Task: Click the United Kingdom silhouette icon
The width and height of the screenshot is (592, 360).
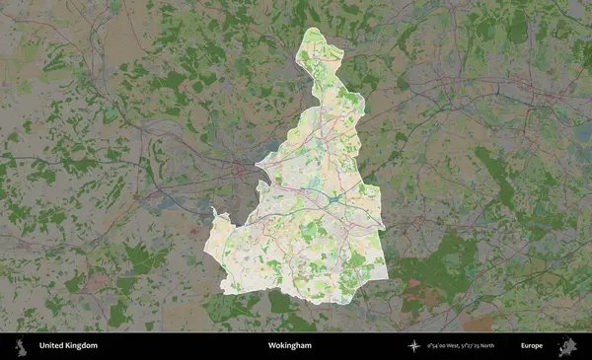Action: (x=19, y=346)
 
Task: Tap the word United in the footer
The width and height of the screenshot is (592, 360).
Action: (x=52, y=346)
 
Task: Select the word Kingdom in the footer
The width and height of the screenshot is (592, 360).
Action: (x=83, y=346)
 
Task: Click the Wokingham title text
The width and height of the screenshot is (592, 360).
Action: (x=289, y=346)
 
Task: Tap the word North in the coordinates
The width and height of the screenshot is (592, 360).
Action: (x=509, y=346)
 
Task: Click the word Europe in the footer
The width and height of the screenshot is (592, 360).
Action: (x=532, y=346)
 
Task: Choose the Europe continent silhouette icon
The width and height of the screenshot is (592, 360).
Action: (x=567, y=346)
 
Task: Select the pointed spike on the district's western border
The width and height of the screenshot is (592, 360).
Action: (x=213, y=210)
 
